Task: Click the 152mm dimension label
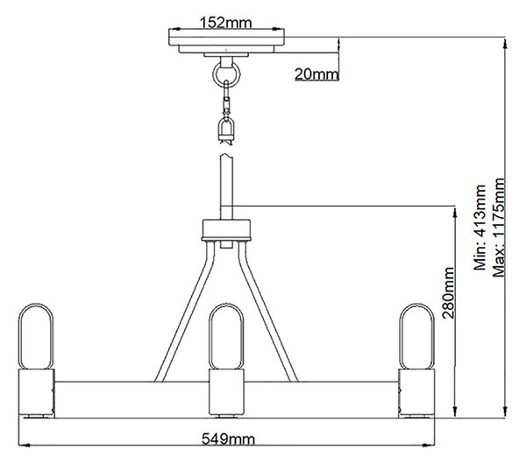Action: pyautogui.click(x=225, y=23)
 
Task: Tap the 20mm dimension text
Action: pyautogui.click(x=316, y=74)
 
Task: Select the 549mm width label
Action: pyautogui.click(x=228, y=438)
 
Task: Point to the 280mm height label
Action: pyautogui.click(x=448, y=292)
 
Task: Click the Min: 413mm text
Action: pyautogui.click(x=480, y=228)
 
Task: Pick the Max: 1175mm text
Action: pyautogui.click(x=499, y=228)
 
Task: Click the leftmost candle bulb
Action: pyautogui.click(x=36, y=336)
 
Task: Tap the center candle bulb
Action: pyautogui.click(x=226, y=336)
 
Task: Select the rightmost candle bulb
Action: pyautogui.click(x=416, y=336)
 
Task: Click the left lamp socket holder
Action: pyautogui.click(x=36, y=392)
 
